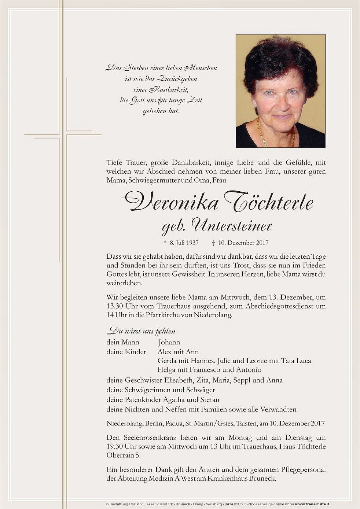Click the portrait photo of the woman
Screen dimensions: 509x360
280,91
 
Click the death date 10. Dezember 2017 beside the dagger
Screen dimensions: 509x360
243,243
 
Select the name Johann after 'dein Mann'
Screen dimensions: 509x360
169,342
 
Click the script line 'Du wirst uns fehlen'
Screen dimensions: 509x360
141,331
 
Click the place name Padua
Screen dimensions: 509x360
174,424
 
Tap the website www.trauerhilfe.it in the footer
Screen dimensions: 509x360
312,504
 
